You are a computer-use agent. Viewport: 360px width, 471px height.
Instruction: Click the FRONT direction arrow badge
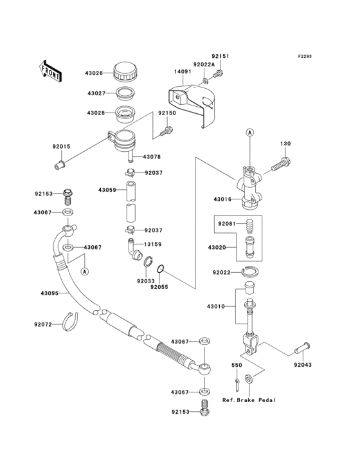point(51,69)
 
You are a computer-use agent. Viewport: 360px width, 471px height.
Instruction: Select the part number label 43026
point(94,73)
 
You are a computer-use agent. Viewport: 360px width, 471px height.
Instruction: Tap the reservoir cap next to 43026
point(123,70)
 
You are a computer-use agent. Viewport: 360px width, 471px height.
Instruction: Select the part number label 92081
point(226,224)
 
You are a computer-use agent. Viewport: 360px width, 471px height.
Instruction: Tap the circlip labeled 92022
point(252,273)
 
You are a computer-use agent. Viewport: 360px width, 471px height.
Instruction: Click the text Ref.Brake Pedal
point(249,400)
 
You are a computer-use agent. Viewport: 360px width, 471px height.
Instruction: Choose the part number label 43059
point(107,190)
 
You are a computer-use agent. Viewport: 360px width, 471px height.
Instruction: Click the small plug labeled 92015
point(61,166)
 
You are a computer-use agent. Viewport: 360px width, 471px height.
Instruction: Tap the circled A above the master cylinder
point(249,133)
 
